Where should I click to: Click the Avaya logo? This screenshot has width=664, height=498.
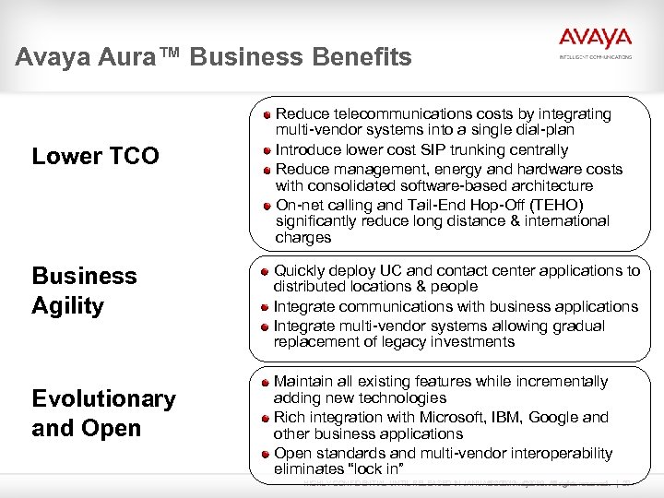click(x=595, y=40)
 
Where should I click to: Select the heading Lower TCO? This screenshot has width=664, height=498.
click(x=95, y=156)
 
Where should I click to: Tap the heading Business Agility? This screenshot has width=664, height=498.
click(x=84, y=290)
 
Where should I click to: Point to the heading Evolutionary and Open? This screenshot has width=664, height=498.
click(x=103, y=413)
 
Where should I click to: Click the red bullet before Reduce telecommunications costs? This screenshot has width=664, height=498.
click(x=266, y=114)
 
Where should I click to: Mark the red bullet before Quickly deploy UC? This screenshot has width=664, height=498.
click(x=265, y=271)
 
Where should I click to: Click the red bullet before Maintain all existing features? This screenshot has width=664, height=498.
click(x=265, y=382)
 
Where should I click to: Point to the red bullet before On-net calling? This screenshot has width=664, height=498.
click(x=266, y=206)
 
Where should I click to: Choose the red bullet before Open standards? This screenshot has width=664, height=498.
click(x=265, y=454)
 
